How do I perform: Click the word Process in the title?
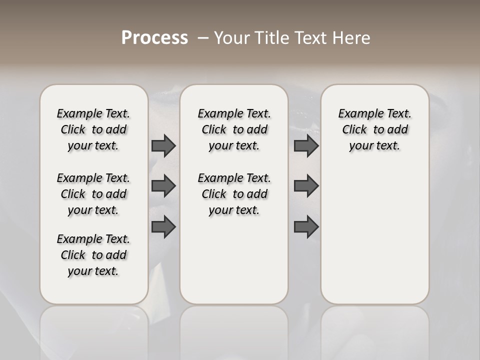154,38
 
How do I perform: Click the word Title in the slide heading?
270,38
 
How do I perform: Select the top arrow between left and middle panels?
163,145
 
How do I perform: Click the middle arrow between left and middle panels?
163,186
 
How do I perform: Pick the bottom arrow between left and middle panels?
163,226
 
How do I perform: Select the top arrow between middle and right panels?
306,145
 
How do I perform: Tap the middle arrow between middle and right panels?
306,186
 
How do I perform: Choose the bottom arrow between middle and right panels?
306,226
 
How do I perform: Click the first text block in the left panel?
93,129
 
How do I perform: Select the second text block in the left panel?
93,194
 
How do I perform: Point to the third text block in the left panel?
93,255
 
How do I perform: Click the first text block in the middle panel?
234,129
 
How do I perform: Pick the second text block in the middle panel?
234,194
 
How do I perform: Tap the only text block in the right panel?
374,129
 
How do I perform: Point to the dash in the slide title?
202,38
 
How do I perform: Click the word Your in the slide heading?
232,38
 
